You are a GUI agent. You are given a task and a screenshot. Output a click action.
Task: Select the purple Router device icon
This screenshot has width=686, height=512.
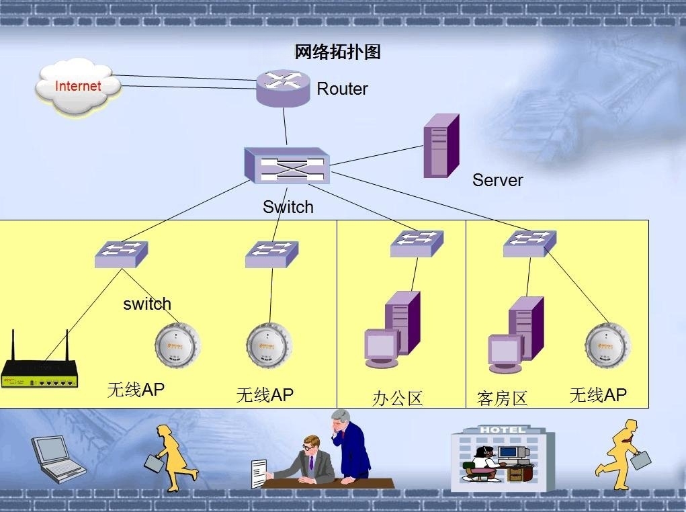click(x=284, y=88)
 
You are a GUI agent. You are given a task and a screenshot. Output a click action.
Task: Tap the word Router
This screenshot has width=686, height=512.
click(x=342, y=89)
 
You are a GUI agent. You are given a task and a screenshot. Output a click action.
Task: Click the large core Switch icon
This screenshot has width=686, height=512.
click(x=287, y=166)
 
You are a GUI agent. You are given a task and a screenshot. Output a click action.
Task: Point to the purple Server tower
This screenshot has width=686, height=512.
click(x=441, y=146)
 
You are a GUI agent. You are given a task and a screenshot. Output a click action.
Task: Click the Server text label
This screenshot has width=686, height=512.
click(x=497, y=180)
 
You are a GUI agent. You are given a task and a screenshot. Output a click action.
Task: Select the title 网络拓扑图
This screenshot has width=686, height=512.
click(x=337, y=52)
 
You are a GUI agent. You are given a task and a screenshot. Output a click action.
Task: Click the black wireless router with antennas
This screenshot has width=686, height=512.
click(x=40, y=372)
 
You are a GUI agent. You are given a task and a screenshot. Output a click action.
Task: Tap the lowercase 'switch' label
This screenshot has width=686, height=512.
click(x=147, y=304)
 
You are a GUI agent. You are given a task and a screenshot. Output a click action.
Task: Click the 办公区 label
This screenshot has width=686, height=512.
click(x=398, y=398)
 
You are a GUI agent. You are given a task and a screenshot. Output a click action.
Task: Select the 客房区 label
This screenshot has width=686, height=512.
click(x=503, y=398)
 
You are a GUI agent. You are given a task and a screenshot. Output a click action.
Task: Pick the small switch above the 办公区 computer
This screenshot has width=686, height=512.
click(x=417, y=244)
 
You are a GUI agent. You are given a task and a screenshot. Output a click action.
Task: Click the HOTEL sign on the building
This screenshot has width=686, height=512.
click(x=502, y=429)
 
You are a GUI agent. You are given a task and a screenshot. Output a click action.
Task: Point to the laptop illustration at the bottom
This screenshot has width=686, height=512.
click(x=58, y=458)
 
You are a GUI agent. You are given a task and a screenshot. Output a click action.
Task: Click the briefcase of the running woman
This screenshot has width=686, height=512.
click(x=155, y=463)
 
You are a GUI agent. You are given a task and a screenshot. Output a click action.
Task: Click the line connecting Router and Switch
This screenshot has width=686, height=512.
click(x=285, y=126)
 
